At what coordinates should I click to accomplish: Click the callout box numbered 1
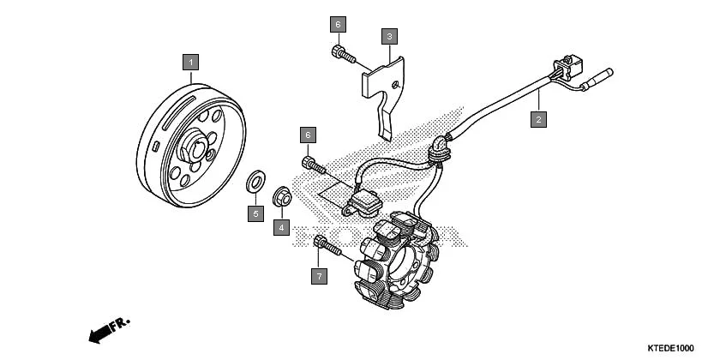(x=190, y=62)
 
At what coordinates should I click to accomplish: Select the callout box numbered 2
(x=538, y=119)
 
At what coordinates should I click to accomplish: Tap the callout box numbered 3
(x=389, y=36)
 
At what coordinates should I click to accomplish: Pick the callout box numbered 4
(x=280, y=227)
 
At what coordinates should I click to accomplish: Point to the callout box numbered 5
(x=255, y=213)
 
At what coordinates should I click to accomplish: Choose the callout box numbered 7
(x=319, y=275)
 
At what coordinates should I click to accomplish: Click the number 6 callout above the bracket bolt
(x=338, y=23)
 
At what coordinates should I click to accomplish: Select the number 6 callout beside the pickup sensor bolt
(x=309, y=135)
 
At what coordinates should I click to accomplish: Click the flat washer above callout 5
(x=255, y=183)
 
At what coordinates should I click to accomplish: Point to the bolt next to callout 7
(x=327, y=246)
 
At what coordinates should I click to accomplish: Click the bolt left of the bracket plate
(x=342, y=53)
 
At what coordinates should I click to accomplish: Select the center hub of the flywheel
(x=198, y=151)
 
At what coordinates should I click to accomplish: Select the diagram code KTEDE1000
(x=671, y=348)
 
